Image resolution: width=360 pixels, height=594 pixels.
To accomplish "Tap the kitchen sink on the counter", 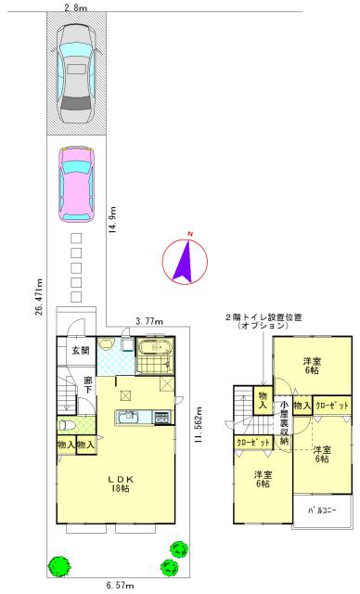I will [128, 419].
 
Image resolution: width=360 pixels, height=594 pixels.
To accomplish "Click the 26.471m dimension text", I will [39, 294].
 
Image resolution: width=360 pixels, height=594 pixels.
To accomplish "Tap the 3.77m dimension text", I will [151, 321].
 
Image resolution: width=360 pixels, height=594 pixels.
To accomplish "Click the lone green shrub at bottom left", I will [59, 564].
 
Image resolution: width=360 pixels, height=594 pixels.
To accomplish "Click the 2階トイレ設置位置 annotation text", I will [264, 322].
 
